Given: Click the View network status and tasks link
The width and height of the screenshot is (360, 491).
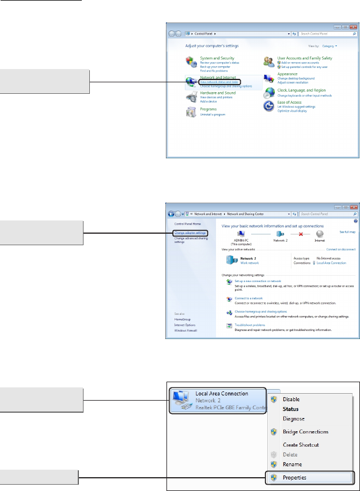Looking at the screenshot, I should click(x=219, y=82).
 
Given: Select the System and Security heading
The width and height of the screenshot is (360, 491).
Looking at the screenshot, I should click(x=217, y=58).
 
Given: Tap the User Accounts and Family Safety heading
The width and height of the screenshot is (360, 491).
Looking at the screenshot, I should click(x=304, y=58).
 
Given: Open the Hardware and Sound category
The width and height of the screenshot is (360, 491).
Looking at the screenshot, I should click(x=217, y=93).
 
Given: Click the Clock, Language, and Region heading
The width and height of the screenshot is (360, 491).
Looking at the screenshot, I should click(x=301, y=90).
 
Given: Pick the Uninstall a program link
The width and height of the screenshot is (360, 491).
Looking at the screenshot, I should click(x=213, y=115).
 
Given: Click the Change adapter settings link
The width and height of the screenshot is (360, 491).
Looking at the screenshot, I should click(x=190, y=233).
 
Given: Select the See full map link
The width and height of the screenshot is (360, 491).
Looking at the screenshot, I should click(x=347, y=231).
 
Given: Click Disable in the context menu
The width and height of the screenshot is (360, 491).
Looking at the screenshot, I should click(x=291, y=399).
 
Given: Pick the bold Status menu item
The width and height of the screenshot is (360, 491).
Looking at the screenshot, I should click(x=290, y=409).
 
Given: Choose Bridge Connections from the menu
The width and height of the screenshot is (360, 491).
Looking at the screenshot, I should click(x=305, y=432).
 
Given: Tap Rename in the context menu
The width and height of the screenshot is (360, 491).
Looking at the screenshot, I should click(x=292, y=464).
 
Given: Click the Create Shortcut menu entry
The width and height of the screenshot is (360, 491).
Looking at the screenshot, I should click(x=301, y=444).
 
